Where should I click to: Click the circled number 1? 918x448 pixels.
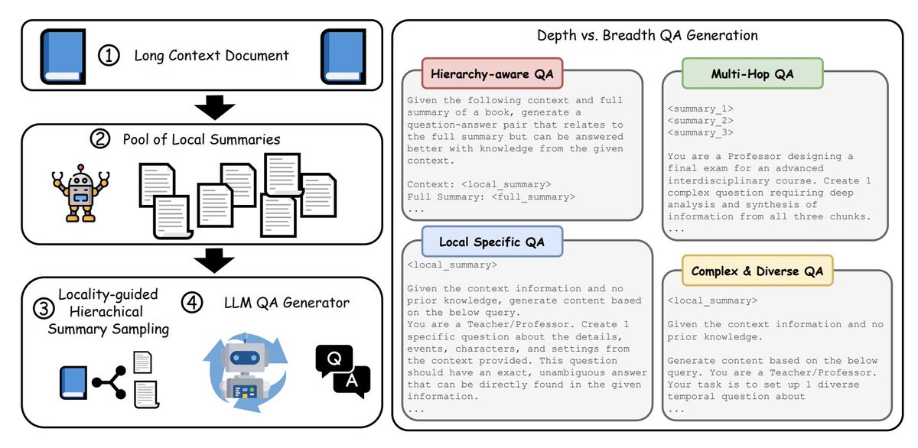(110, 56)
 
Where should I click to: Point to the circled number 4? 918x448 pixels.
(192, 303)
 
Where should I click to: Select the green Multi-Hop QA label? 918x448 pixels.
(741, 74)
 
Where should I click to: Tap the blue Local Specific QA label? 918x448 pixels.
(492, 242)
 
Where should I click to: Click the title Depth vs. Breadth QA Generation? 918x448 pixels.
(646, 35)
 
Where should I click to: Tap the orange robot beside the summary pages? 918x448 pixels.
(81, 191)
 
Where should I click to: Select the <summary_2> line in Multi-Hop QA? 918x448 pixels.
(700, 120)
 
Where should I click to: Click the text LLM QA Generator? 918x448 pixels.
(285, 303)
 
